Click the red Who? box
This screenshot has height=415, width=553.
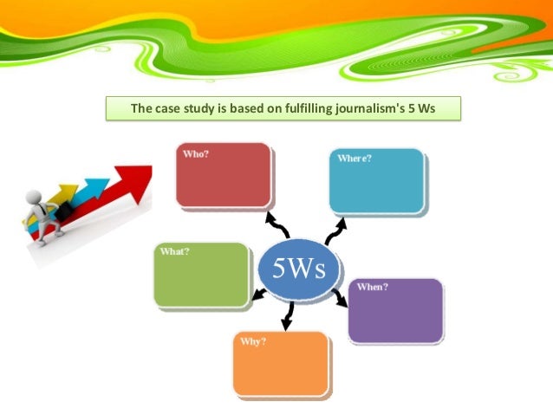[223, 176]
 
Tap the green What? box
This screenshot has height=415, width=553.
[201, 276]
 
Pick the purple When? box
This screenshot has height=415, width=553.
[395, 310]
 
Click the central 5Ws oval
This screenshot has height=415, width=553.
[299, 269]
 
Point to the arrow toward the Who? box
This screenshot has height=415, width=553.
[276, 223]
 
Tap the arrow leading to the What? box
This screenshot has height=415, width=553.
[257, 296]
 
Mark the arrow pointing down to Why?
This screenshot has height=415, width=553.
[288, 316]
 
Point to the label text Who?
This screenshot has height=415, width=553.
[195, 153]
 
